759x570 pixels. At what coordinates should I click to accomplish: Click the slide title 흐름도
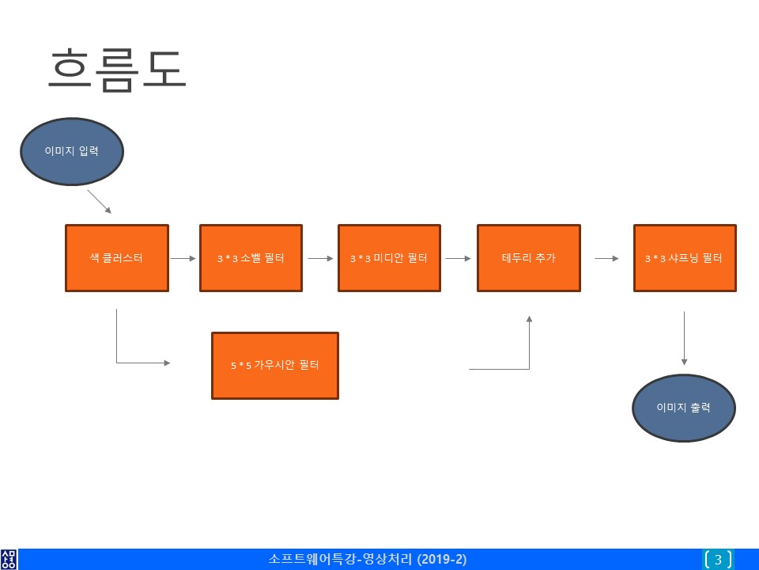click(x=117, y=70)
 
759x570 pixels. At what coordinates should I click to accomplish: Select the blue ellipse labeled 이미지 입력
click(x=72, y=151)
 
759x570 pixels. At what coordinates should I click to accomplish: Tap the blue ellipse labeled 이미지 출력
click(x=683, y=408)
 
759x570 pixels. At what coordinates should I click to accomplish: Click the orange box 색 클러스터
click(x=117, y=258)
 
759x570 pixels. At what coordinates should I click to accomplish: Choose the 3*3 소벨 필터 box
click(x=251, y=258)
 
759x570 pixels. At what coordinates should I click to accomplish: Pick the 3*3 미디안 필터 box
click(x=389, y=258)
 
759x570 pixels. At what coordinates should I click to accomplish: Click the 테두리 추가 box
click(x=529, y=258)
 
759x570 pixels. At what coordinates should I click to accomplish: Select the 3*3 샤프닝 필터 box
click(x=685, y=258)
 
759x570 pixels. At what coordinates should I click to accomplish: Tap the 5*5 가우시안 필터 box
click(x=275, y=366)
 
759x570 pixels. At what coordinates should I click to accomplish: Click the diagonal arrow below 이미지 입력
click(x=100, y=202)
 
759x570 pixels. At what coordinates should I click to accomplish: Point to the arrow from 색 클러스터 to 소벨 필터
click(x=183, y=258)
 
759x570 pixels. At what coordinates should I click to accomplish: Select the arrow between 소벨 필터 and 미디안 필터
click(x=320, y=258)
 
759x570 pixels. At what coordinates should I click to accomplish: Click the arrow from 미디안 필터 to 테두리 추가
click(x=458, y=258)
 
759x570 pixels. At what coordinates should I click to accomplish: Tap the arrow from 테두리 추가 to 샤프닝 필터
click(x=606, y=258)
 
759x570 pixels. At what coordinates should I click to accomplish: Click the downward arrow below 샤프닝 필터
click(x=684, y=338)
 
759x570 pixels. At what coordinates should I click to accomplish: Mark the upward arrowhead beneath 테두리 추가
click(x=529, y=319)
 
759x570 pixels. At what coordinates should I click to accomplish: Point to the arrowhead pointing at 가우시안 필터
click(x=167, y=363)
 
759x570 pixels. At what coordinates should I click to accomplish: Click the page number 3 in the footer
click(x=719, y=560)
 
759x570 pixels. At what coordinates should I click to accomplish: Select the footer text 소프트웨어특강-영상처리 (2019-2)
click(x=368, y=559)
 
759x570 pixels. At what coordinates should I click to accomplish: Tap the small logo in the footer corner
click(x=9, y=560)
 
